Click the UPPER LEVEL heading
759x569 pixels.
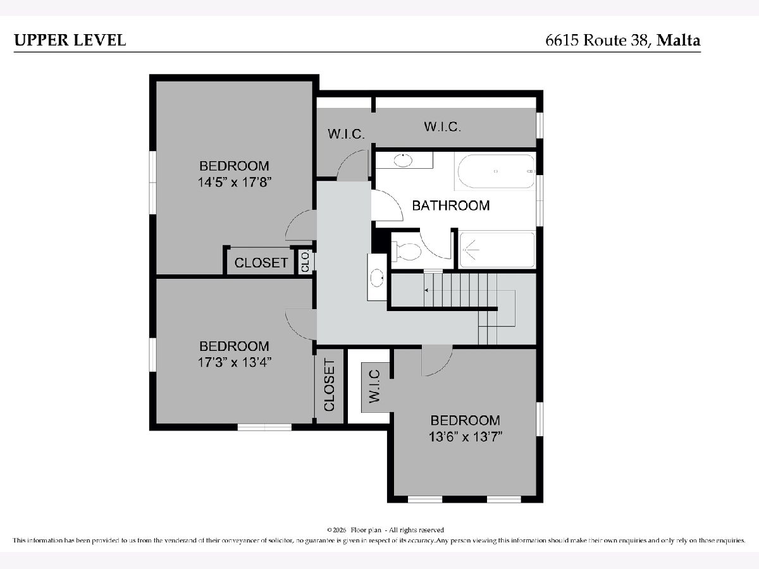[70, 40]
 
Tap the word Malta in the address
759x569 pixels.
[679, 40]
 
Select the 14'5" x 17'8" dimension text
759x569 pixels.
[235, 182]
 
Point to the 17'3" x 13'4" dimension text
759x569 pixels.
[235, 362]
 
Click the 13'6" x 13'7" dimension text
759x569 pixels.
[466, 437]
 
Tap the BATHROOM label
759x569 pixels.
[451, 205]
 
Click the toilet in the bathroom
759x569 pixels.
[406, 251]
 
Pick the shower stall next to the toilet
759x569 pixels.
[497, 249]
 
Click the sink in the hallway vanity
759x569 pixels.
[377, 278]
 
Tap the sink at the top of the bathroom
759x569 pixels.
[403, 160]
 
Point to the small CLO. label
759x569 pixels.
[305, 262]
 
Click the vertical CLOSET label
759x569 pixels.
[329, 386]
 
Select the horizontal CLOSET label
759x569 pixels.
[261, 263]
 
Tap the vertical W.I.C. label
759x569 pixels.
[374, 386]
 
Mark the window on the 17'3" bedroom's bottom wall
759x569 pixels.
[264, 427]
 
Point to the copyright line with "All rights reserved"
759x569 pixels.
[386, 530]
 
